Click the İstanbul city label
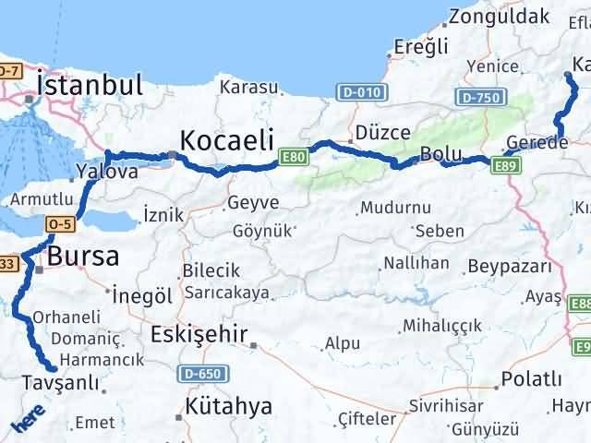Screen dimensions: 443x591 [x=90, y=86]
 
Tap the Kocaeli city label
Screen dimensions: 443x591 [x=227, y=140]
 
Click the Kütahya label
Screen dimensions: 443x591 [x=228, y=406]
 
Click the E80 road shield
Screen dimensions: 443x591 [x=294, y=158]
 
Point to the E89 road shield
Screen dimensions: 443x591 [x=507, y=164]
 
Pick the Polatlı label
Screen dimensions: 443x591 [x=531, y=379]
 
